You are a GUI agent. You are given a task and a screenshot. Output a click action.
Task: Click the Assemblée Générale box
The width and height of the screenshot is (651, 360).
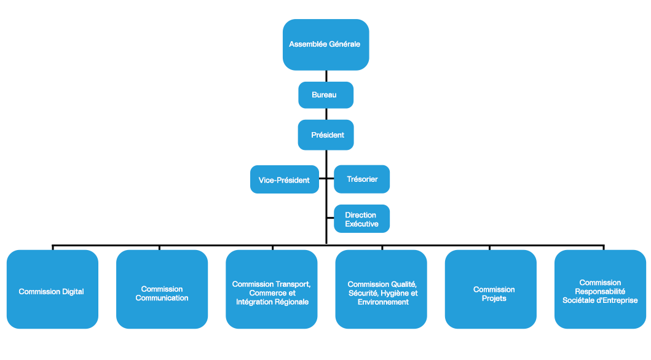click(x=325, y=44)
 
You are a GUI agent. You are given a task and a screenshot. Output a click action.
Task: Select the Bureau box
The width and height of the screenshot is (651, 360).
click(x=325, y=95)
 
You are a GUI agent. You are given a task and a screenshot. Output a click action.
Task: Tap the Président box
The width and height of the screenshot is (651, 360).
click(x=325, y=135)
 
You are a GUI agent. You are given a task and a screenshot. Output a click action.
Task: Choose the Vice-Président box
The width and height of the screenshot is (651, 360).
click(x=285, y=180)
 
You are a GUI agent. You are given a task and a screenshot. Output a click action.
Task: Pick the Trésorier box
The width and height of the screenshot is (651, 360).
click(x=362, y=179)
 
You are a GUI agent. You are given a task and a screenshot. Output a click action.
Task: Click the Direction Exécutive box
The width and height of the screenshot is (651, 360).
click(x=362, y=219)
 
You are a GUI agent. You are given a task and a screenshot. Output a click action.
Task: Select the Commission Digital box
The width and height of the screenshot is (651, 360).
click(x=52, y=291)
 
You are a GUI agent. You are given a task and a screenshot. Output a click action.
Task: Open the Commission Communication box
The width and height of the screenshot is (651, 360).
click(x=162, y=293)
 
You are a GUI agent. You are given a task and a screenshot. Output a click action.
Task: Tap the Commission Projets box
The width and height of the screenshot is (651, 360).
click(x=491, y=293)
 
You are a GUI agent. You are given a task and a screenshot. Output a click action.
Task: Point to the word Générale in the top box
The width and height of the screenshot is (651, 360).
click(x=344, y=44)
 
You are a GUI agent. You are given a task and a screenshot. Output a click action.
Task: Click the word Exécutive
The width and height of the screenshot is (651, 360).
click(x=361, y=224)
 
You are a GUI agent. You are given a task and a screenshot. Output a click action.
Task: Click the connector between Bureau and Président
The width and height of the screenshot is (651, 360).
click(x=326, y=114)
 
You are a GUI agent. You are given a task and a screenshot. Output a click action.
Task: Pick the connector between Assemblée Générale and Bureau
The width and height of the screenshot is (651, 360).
click(x=326, y=76)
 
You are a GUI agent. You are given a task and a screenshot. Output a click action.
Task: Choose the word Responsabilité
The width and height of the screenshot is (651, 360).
click(x=600, y=292)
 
